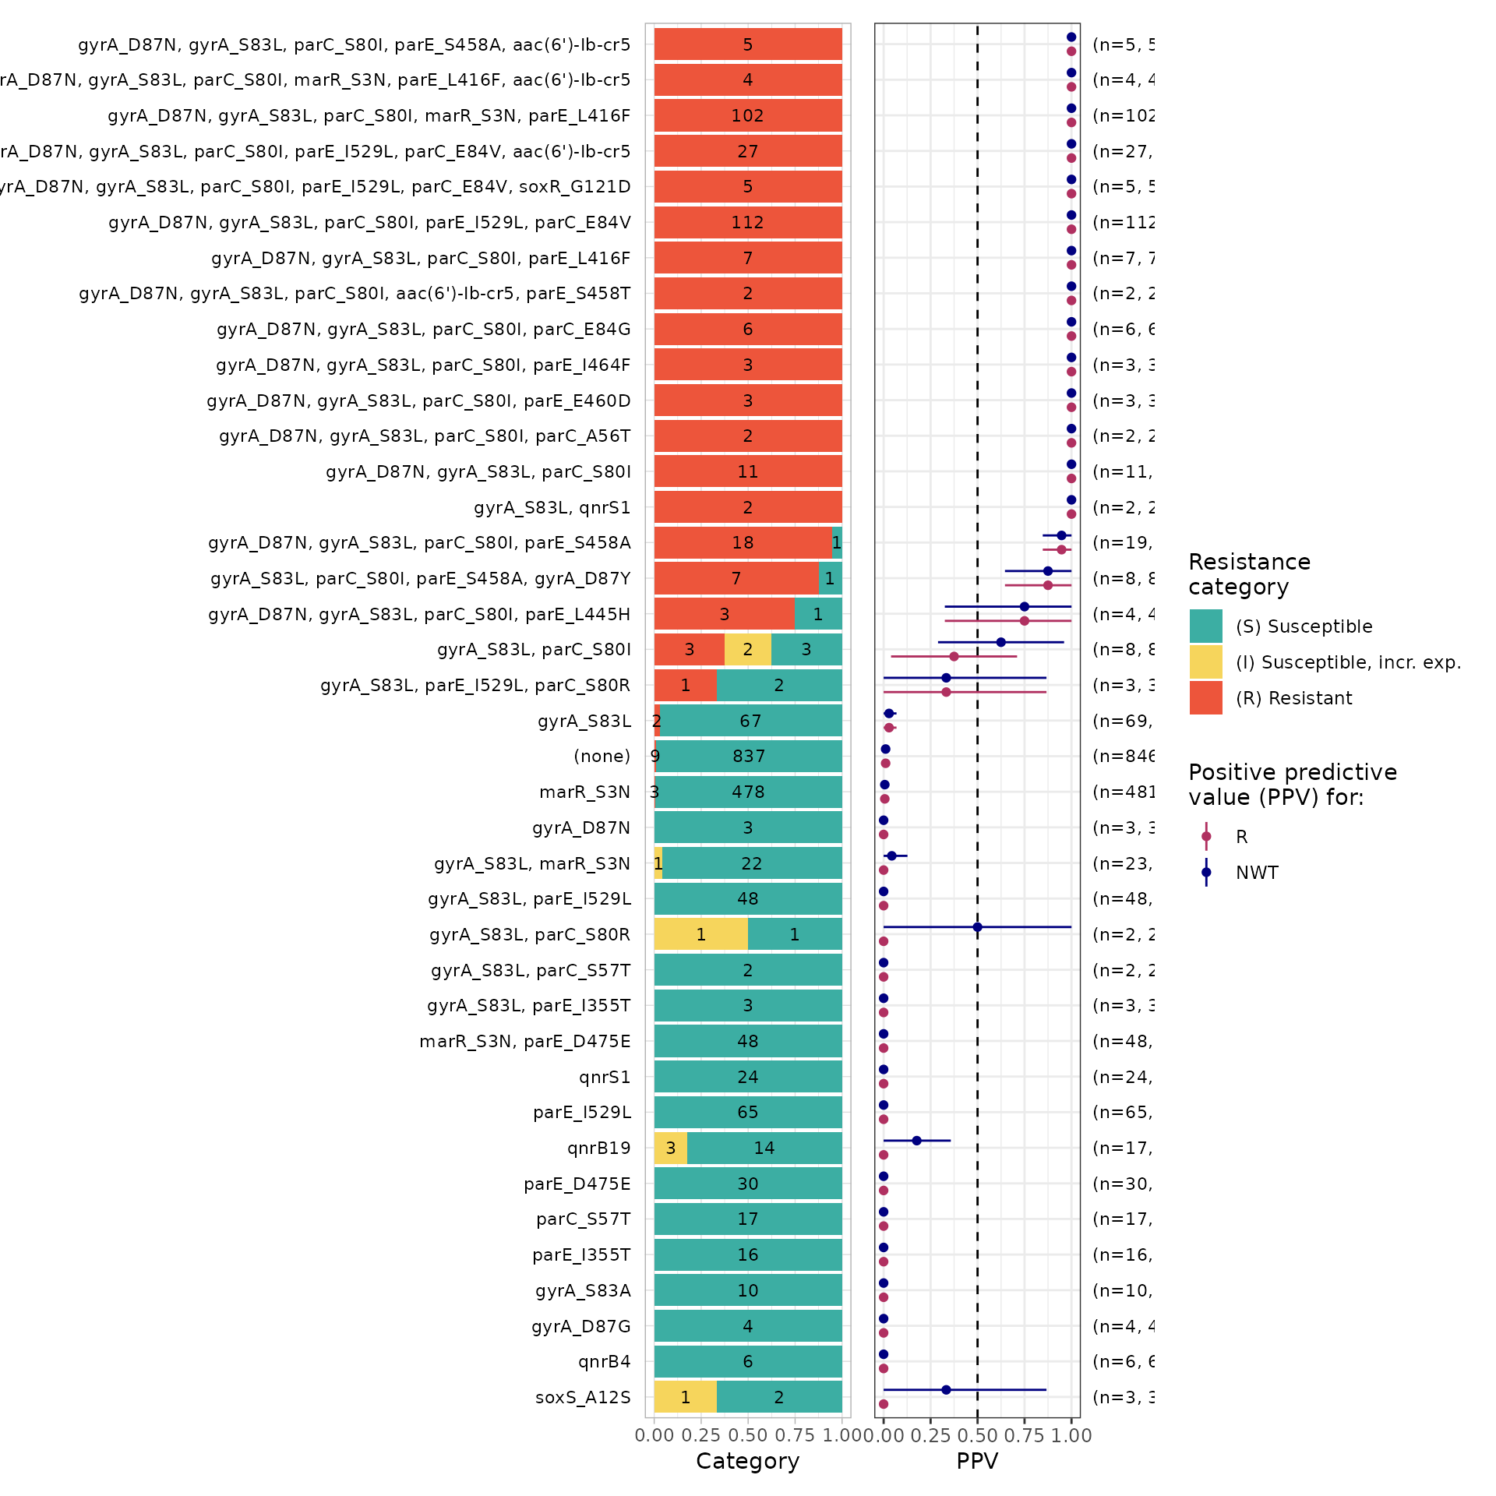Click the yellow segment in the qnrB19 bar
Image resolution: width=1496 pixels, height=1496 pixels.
pos(670,1148)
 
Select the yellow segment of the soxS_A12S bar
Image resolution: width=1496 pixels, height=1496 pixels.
pos(685,1397)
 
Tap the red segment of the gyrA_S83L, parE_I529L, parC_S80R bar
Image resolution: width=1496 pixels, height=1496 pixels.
pos(685,685)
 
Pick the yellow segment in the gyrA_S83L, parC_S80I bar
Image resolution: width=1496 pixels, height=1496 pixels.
pos(747,649)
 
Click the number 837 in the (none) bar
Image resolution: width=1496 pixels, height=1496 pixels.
pos(749,756)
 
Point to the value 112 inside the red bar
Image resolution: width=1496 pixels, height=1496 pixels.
pos(747,222)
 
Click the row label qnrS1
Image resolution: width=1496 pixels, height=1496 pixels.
pos(605,1077)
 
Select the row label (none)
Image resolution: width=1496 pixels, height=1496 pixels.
pos(602,756)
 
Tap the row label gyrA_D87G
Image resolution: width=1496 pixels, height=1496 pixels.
pos(580,1326)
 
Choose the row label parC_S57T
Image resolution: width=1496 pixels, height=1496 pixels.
pos(583,1219)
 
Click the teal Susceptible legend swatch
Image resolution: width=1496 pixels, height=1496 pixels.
pos(1205,626)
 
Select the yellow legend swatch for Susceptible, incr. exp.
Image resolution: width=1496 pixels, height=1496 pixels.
pos(1205,662)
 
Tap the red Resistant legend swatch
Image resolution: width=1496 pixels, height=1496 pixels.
pos(1205,697)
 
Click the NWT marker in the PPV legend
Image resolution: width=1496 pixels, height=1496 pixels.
pos(1206,872)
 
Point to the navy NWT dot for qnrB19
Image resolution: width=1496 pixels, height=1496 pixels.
pos(916,1141)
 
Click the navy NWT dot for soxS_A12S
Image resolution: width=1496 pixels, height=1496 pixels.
pos(946,1390)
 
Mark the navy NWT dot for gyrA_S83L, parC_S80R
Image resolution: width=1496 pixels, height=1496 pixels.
pos(977,927)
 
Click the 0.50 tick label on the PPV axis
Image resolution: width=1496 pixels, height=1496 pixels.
pos(977,1435)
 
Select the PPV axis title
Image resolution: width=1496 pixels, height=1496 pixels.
pos(977,1461)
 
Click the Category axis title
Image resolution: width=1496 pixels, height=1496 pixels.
pos(747,1461)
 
